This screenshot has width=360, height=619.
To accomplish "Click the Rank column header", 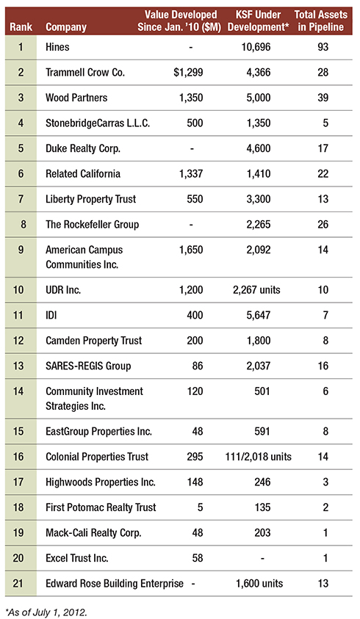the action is [x=21, y=27].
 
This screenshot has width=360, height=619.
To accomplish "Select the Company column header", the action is [x=66, y=28].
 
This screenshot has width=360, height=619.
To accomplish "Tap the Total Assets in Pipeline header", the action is [x=321, y=21].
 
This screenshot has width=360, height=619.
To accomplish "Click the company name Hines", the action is [x=57, y=47].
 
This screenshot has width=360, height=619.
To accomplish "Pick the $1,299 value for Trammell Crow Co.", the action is [x=188, y=72].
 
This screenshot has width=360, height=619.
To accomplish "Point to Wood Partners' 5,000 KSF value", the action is [x=259, y=98].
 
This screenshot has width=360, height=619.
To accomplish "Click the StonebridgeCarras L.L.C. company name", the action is [x=98, y=123].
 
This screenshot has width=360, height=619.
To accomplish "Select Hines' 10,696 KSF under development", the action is [x=256, y=47].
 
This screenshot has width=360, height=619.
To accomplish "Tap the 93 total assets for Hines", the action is [x=323, y=47].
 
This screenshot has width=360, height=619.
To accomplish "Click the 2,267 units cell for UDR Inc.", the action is [x=256, y=290].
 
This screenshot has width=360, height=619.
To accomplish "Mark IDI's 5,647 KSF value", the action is [x=259, y=315].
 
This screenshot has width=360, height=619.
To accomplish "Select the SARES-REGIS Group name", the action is [x=88, y=366].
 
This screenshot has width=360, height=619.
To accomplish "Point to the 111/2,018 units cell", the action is [x=258, y=457].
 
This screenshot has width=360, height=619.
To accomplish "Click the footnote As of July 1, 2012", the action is [x=46, y=612].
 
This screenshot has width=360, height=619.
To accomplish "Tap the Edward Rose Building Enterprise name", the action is [x=115, y=584].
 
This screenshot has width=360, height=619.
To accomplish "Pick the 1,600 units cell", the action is [x=259, y=584].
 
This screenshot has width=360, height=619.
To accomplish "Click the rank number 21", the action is [x=18, y=584].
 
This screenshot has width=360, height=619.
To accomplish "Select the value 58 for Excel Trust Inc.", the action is [x=197, y=558].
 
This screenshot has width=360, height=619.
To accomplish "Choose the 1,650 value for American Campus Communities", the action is [x=191, y=250].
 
